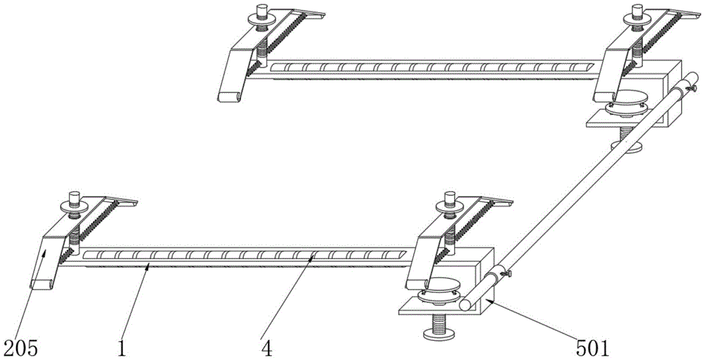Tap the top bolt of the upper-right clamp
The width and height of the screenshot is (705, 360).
click(x=639, y=13)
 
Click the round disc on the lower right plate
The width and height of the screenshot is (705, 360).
click(x=441, y=290)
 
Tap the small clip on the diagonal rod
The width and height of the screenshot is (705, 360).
click(x=505, y=272)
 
